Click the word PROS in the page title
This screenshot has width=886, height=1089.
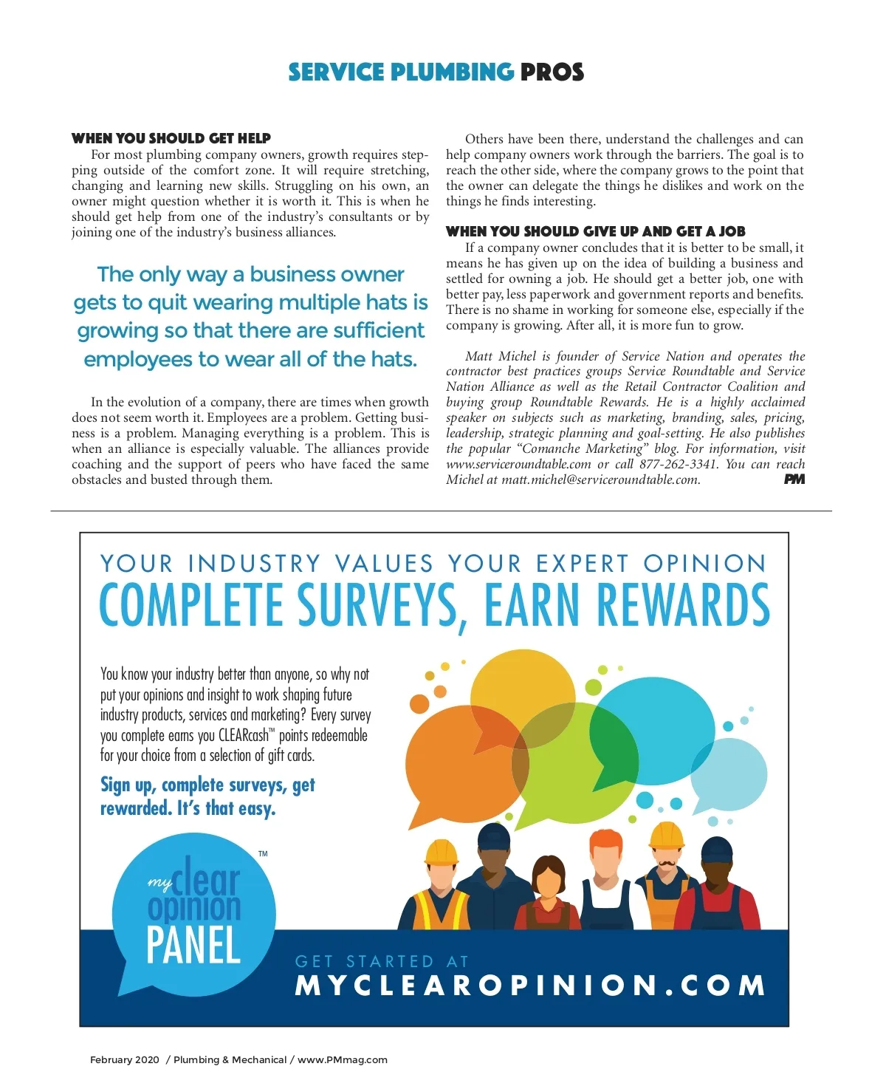pyautogui.click(x=552, y=72)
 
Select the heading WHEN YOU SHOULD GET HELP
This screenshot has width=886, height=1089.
pyautogui.click(x=171, y=138)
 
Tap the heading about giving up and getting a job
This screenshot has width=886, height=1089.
pyautogui.click(x=595, y=231)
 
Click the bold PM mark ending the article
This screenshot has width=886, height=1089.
pyautogui.click(x=794, y=479)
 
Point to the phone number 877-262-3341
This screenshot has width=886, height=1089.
pyautogui.click(x=679, y=465)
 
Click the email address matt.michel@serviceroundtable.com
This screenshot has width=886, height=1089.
pyautogui.click(x=600, y=480)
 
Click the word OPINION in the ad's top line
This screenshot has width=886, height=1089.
pyautogui.click(x=705, y=564)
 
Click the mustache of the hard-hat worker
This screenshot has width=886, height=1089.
pyautogui.click(x=666, y=862)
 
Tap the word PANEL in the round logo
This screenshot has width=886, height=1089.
pyautogui.click(x=193, y=946)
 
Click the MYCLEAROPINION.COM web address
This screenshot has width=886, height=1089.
pyautogui.click(x=529, y=986)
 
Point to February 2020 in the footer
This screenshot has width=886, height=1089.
pyautogui.click(x=124, y=1059)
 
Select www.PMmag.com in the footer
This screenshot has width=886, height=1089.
pyautogui.click(x=343, y=1059)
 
